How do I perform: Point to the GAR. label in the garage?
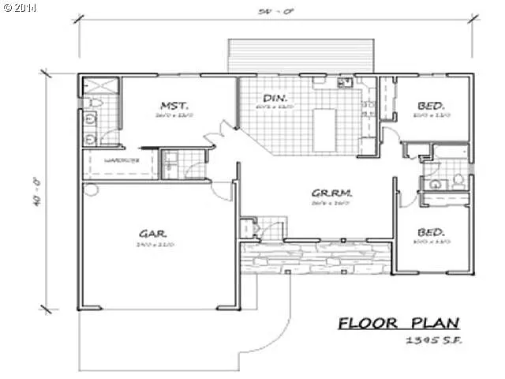click(x=152, y=235)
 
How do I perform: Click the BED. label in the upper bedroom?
click(x=432, y=104)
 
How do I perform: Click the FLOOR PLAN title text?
click(x=398, y=323)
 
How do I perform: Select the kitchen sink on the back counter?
click(x=344, y=81)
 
